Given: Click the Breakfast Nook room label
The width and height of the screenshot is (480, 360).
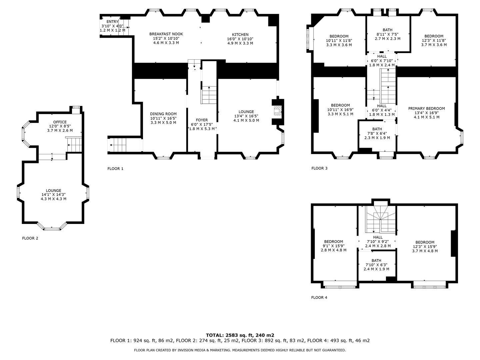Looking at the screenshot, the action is [x=166, y=38].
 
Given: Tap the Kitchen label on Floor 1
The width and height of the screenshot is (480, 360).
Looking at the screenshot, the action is [x=240, y=39].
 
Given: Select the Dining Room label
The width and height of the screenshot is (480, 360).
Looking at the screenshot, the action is [x=163, y=118].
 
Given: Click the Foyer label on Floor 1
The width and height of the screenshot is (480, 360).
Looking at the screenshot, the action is [x=202, y=124].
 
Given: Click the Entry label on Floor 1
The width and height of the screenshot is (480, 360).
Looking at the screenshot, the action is [x=112, y=26].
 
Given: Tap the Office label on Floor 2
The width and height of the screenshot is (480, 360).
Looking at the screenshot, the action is [x=60, y=126].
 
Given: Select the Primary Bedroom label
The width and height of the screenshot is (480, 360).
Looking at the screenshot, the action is [x=426, y=113].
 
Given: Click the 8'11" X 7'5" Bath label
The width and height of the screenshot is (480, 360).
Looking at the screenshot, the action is [x=387, y=34].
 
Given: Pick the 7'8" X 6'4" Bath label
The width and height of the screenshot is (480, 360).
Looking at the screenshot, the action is [x=377, y=133].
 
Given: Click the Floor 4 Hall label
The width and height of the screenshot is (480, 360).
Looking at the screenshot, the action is [x=378, y=242].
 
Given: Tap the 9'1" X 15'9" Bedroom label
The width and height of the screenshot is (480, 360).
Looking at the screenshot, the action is [x=333, y=246].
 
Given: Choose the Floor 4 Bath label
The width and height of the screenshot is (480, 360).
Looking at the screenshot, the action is [x=376, y=265].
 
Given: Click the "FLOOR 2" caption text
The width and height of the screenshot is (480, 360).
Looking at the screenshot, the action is [x=30, y=238].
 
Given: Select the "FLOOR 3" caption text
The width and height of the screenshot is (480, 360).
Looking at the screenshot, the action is [x=319, y=168].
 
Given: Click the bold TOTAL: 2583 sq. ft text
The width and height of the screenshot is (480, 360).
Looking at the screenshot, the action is [x=240, y=335].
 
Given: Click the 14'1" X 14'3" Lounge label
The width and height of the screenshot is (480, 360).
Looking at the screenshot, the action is [x=54, y=195].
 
